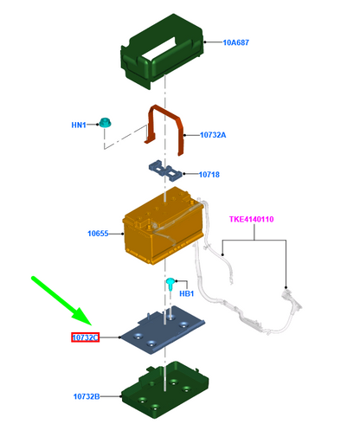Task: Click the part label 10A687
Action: tap(235, 42)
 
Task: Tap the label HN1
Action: tap(79, 125)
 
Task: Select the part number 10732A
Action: tap(213, 135)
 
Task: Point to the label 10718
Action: tap(209, 175)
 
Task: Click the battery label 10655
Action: tap(98, 234)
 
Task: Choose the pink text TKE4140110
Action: tap(252, 219)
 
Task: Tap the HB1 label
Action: tap(187, 293)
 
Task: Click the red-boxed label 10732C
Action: tap(86, 337)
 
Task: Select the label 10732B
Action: tap(87, 396)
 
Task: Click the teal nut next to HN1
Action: tap(105, 123)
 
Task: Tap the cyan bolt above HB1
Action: tap(170, 283)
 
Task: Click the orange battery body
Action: tap(163, 227)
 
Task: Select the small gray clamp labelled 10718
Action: tap(165, 170)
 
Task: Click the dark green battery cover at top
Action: tap(162, 52)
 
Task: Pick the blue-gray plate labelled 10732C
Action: tap(163, 330)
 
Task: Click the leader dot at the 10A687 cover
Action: tap(205, 42)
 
